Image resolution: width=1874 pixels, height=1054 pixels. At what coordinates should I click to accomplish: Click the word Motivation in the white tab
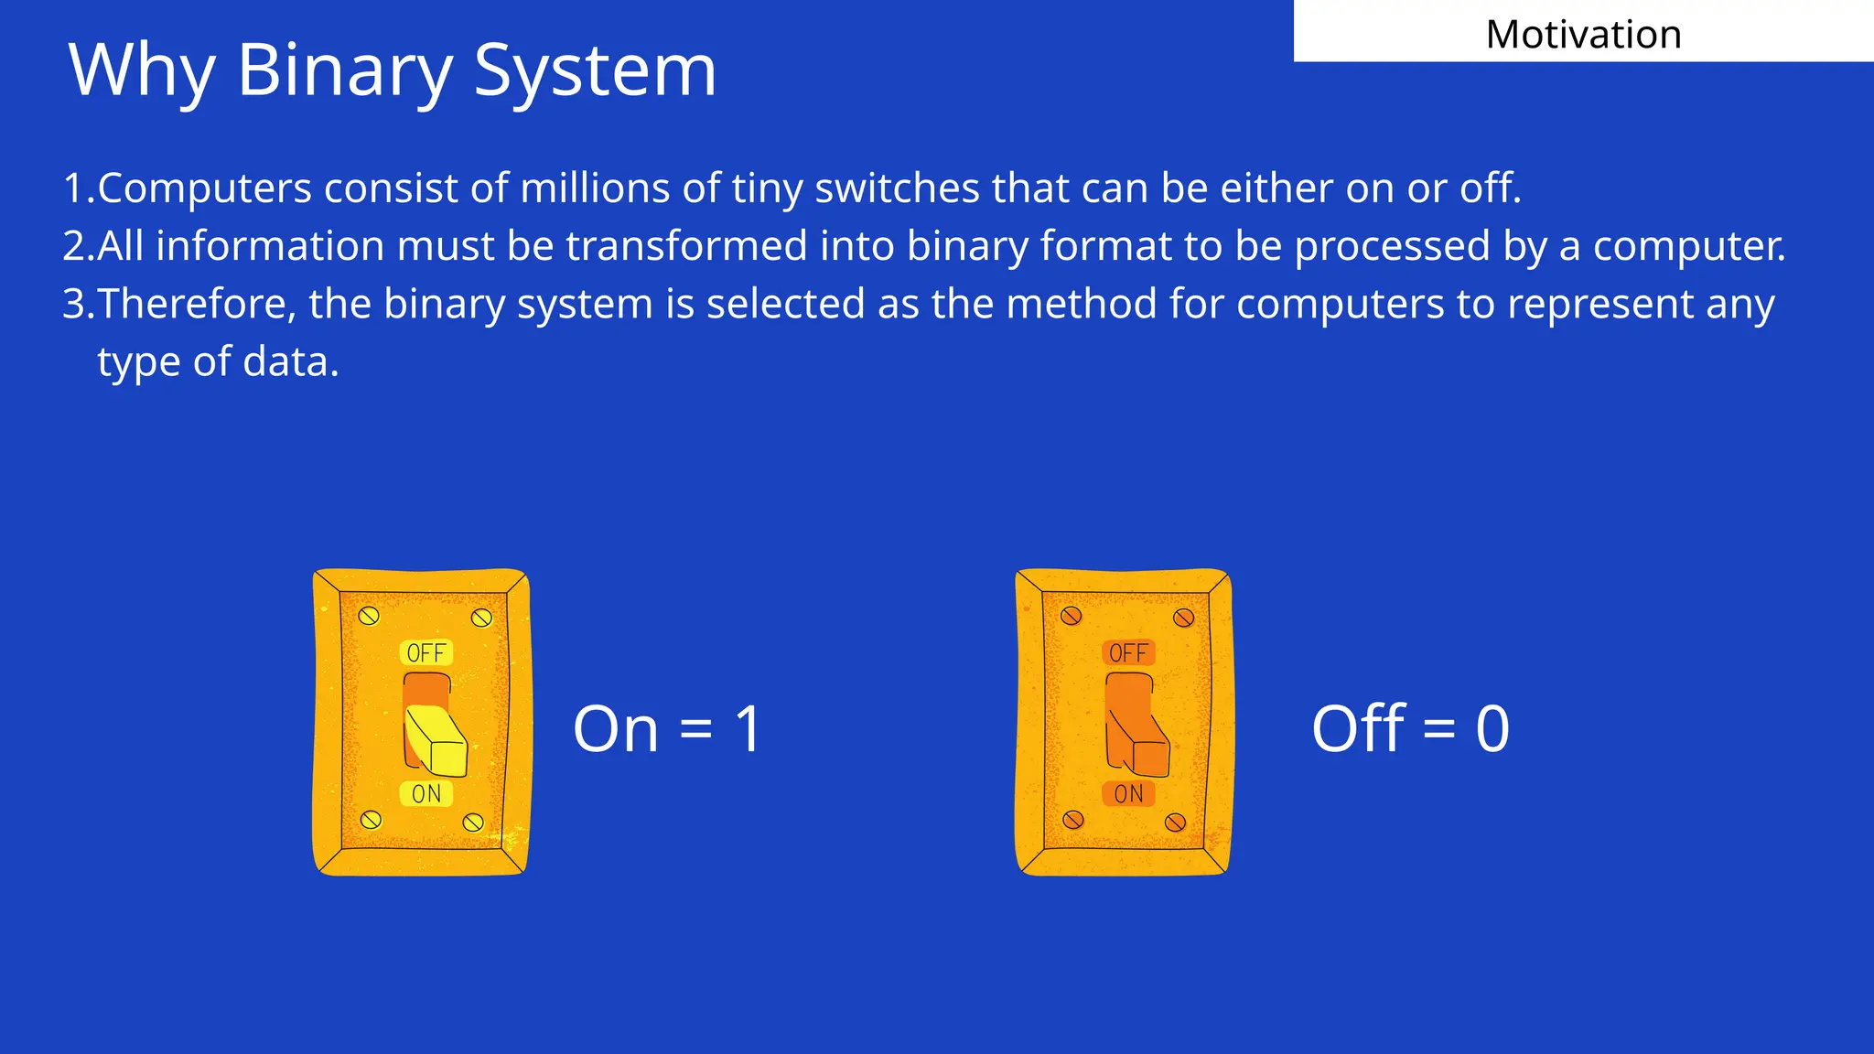coord(1583,35)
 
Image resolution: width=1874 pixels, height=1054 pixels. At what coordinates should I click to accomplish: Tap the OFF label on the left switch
coord(426,653)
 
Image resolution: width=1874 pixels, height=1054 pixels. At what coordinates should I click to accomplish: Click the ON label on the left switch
coord(426,794)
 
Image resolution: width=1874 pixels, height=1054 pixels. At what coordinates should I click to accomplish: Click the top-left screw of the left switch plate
coord(369,616)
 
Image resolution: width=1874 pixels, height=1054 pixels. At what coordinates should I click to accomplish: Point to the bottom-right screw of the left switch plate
coord(473,822)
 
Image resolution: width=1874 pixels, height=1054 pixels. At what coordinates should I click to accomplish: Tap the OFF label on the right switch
coord(1128,653)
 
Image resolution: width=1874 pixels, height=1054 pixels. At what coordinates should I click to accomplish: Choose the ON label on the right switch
coord(1128,794)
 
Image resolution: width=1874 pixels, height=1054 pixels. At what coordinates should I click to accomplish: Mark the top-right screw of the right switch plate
coord(1183,618)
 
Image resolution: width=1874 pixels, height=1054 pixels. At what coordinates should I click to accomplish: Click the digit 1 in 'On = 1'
coord(749,730)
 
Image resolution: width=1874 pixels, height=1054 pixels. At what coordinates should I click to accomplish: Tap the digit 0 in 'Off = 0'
coord(1492,730)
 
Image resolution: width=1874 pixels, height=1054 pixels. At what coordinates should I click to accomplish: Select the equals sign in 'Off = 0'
coord(1438,730)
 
